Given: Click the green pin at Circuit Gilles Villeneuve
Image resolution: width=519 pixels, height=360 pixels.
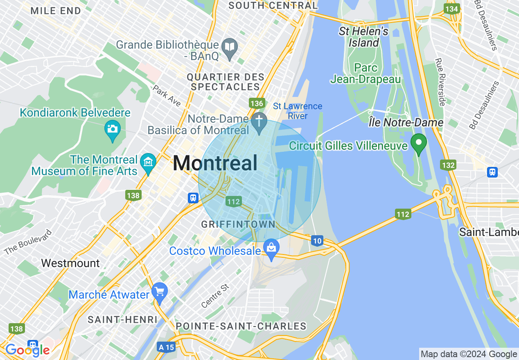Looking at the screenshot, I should pos(419,143).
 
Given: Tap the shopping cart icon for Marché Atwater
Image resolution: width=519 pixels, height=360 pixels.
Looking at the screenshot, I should pos(160,292).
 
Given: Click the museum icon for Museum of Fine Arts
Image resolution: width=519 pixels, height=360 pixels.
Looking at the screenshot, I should pos(148,162).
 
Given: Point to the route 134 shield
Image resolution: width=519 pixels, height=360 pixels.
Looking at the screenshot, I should pos(452,9).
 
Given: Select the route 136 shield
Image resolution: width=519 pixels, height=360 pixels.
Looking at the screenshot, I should pos(257,103).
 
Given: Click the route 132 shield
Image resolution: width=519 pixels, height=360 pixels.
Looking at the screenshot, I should pos(448,165).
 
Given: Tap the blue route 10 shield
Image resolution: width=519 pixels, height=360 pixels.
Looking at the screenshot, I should pos(317,241).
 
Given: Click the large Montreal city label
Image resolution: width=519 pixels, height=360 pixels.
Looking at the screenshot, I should pos(215,163).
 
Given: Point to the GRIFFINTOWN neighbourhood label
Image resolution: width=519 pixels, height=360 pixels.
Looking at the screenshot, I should pos(238,224).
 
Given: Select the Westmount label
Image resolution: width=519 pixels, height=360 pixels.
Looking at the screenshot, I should pos(70,263).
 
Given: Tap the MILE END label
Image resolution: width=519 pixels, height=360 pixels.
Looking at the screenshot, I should pos(56,11).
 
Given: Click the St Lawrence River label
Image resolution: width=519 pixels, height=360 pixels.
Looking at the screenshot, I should pos(298,111).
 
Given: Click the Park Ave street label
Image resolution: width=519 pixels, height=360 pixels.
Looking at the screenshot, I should pos(167,96).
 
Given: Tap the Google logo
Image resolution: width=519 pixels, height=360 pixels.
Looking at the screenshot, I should pos(27,350).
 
